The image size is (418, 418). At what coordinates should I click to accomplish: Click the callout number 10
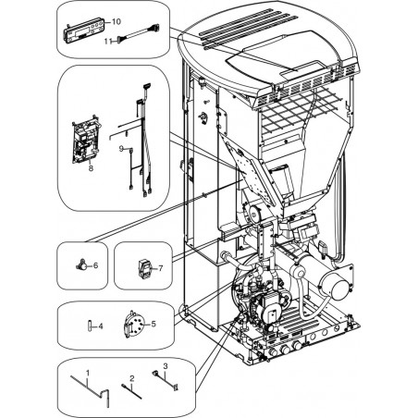pyautogui.click(x=117, y=21)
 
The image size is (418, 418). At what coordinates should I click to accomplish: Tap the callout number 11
pyautogui.click(x=107, y=41)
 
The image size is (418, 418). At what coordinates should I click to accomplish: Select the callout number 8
pyautogui.click(x=91, y=168)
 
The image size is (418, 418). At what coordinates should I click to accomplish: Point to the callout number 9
pyautogui.click(x=121, y=149)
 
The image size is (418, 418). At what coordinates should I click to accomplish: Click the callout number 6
pyautogui.click(x=95, y=265)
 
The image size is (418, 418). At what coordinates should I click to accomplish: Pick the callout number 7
pyautogui.click(x=161, y=268)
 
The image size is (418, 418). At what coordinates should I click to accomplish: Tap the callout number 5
pyautogui.click(x=154, y=324)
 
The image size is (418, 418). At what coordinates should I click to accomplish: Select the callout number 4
pyautogui.click(x=101, y=326)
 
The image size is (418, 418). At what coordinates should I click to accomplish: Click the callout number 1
pyautogui.click(x=88, y=373)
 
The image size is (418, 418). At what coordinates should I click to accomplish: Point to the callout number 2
pyautogui.click(x=132, y=378)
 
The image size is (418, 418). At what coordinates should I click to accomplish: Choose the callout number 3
pyautogui.click(x=166, y=366)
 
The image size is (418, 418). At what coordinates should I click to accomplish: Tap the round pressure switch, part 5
pyautogui.click(x=134, y=325)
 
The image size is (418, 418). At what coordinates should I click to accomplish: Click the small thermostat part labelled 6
pyautogui.click(x=80, y=265)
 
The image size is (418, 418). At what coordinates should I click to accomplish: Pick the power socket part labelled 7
pyautogui.click(x=144, y=268)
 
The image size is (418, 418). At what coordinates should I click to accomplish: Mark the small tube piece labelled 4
pyautogui.click(x=90, y=326)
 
